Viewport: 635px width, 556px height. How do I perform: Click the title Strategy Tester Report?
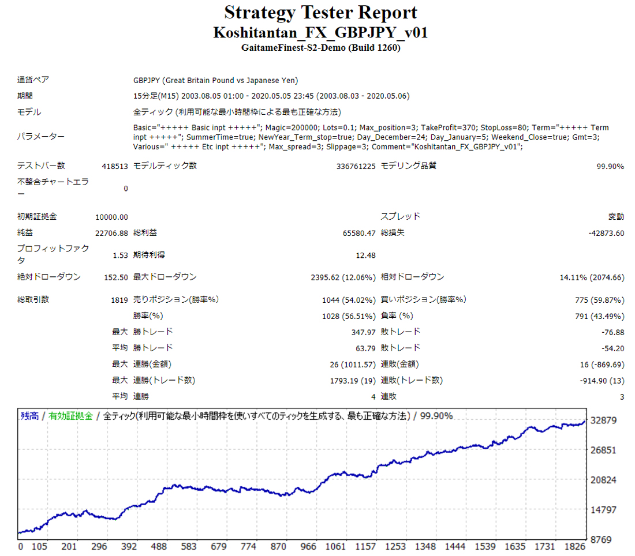pyautogui.click(x=320, y=12)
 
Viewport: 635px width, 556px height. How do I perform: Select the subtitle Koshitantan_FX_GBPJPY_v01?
pyautogui.click(x=320, y=32)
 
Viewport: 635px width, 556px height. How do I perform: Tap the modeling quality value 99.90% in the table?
pyautogui.click(x=610, y=166)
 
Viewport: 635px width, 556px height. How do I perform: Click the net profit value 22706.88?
pyautogui.click(x=111, y=233)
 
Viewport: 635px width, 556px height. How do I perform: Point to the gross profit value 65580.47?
pyautogui.click(x=359, y=233)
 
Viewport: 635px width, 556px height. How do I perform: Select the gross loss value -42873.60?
pyautogui.click(x=603, y=233)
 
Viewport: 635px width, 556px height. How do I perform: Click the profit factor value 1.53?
pyautogui.click(x=119, y=254)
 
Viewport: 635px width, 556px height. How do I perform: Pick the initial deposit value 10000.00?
pyautogui.click(x=111, y=217)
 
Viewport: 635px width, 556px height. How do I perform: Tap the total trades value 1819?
pyautogui.click(x=118, y=300)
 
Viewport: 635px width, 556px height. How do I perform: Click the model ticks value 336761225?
pyautogui.click(x=356, y=166)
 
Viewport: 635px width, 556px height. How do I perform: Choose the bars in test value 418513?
pyautogui.click(x=114, y=166)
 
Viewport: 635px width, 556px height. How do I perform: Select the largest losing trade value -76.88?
pyautogui.click(x=612, y=332)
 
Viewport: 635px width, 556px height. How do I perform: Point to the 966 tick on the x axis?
pyautogui.click(x=309, y=547)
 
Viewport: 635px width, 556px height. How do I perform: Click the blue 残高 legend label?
pyautogui.click(x=29, y=416)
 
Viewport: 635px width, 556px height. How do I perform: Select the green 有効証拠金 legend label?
pyautogui.click(x=70, y=416)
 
